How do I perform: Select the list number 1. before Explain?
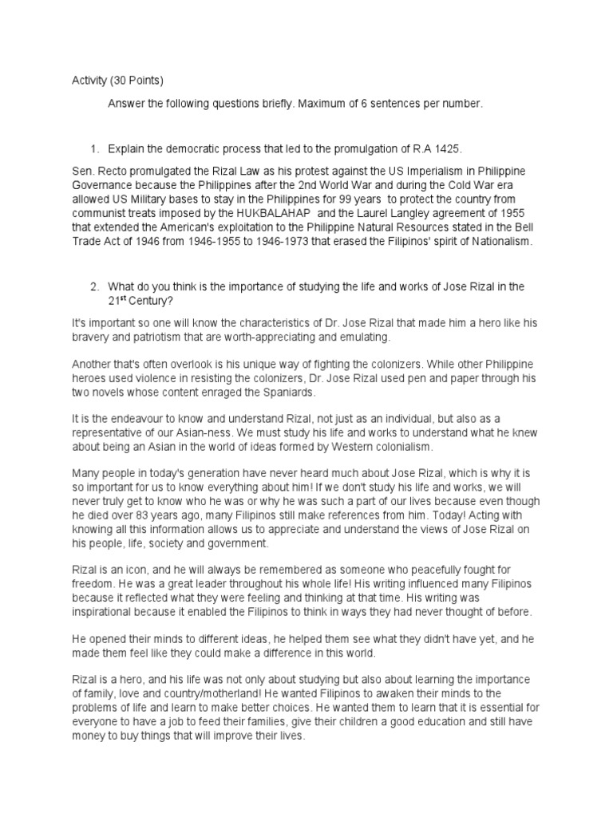pos(94,149)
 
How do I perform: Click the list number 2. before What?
pos(94,286)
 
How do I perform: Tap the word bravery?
pos(93,337)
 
